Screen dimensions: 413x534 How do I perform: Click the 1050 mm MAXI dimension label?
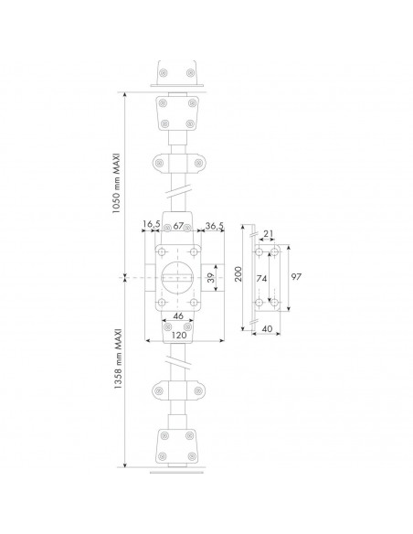tap(116, 183)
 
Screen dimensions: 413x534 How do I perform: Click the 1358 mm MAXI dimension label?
tap(117, 359)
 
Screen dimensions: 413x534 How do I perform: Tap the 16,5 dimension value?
tap(151, 224)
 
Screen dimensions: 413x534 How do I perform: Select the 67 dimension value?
tap(178, 226)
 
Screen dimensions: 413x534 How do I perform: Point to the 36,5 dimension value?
tap(215, 226)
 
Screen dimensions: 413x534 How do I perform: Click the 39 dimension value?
tap(211, 278)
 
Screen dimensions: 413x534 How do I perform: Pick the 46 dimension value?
tap(178, 316)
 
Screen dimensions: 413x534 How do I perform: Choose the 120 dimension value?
tap(179, 335)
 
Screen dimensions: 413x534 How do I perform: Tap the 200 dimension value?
tap(238, 273)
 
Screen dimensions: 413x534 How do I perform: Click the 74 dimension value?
tap(261, 279)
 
